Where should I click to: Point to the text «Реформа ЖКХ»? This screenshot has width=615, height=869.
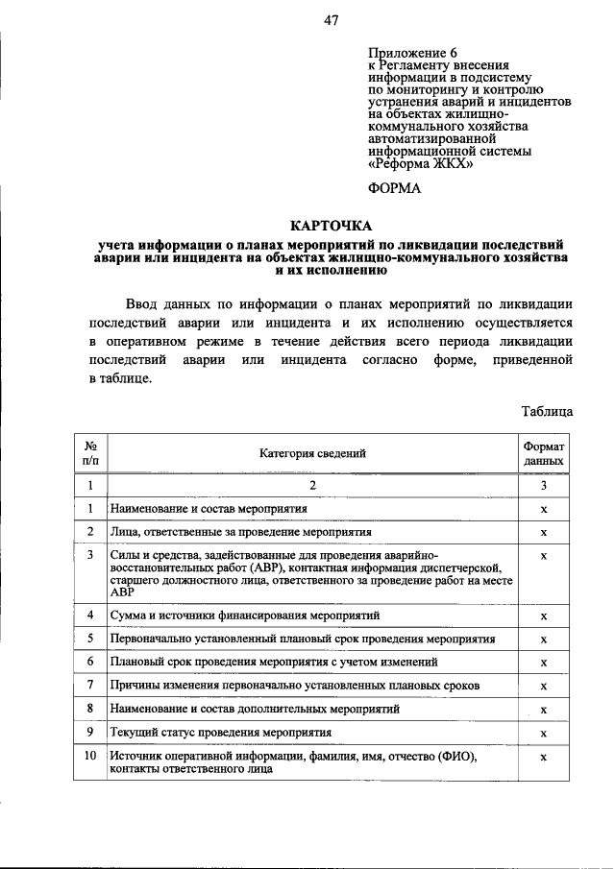click(421, 163)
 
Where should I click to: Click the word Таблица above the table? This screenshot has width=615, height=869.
click(548, 411)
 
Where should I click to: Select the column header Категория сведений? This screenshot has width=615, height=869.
click(312, 452)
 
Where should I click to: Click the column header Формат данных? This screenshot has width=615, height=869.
click(544, 453)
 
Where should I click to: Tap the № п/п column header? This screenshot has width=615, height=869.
click(89, 453)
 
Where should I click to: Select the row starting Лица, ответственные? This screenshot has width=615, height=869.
click(240, 531)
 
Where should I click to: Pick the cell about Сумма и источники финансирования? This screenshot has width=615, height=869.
click(245, 615)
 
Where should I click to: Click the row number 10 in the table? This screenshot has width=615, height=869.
click(89, 757)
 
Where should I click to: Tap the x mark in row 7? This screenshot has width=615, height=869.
click(544, 686)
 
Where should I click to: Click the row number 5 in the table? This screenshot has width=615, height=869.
click(89, 639)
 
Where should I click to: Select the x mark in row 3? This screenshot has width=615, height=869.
click(544, 556)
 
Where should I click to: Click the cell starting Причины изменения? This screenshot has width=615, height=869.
click(294, 686)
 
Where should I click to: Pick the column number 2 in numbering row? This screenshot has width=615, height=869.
click(312, 485)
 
